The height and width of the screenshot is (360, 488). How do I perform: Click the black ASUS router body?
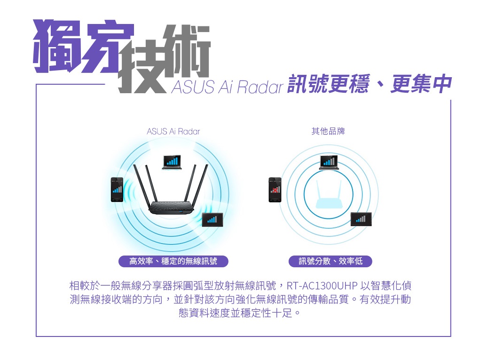click(x=172, y=208)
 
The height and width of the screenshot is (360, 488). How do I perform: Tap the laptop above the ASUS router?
click(x=172, y=162)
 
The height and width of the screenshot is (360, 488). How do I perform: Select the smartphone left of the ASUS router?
click(x=117, y=190)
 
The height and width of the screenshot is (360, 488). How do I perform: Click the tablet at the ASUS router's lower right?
click(x=213, y=220)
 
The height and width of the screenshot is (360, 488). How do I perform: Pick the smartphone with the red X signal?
click(x=275, y=190)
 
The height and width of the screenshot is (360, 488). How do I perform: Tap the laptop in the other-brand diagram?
click(x=329, y=162)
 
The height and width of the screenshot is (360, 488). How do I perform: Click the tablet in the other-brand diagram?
click(x=361, y=219)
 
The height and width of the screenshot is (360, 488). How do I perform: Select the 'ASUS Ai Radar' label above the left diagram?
click(x=173, y=131)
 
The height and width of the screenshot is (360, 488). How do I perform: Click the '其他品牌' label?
click(x=328, y=131)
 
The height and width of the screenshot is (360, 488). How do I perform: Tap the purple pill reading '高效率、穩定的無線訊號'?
click(x=173, y=261)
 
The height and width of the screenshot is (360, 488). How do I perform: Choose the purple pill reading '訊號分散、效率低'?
click(x=331, y=261)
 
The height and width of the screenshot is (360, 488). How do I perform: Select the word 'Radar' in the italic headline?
click(x=260, y=87)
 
